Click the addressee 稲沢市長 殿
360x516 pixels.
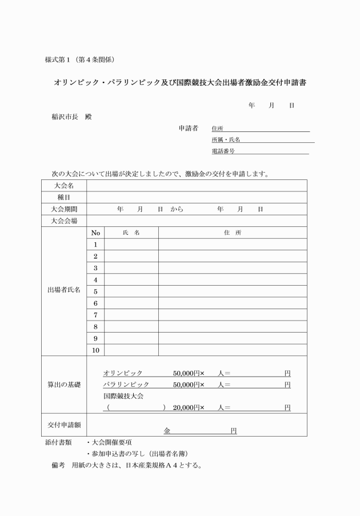click(71, 117)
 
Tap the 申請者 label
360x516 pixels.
click(189, 128)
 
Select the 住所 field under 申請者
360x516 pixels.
click(260, 129)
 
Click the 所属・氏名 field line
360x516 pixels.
click(263, 140)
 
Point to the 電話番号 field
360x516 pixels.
click(260, 151)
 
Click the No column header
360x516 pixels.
click(95, 233)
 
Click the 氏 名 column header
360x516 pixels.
click(131, 233)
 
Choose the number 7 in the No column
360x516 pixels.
click(95, 315)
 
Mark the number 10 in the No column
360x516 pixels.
click(95, 350)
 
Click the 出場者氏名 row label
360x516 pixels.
click(64, 290)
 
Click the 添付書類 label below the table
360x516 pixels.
click(58, 442)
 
